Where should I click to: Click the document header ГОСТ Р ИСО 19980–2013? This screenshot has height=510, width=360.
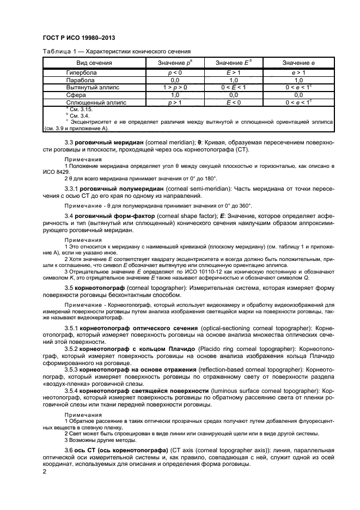pos(78,37)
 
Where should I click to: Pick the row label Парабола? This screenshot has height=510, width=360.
pos(80,80)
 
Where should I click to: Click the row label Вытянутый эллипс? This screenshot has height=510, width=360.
pos(93,87)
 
